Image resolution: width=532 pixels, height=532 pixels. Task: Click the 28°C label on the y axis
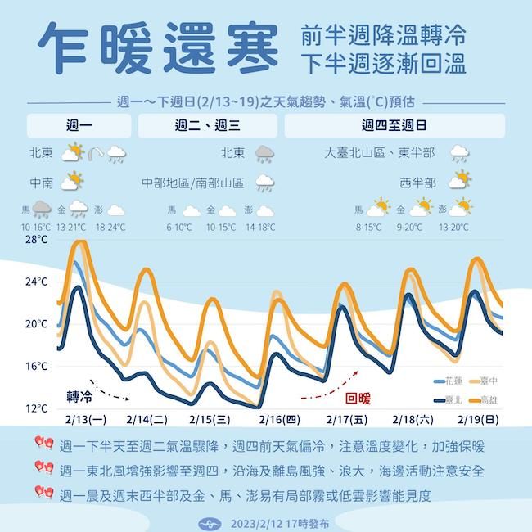[36, 240]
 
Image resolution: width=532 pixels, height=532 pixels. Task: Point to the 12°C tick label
[36, 408]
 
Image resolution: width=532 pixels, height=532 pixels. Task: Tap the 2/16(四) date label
[280, 420]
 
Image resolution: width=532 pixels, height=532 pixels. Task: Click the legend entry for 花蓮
[449, 382]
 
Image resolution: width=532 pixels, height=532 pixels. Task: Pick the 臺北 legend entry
[449, 399]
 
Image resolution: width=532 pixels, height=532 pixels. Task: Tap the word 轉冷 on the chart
[80, 396]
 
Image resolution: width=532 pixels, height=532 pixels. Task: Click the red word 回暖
[358, 399]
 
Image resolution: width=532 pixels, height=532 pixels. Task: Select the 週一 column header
[79, 126]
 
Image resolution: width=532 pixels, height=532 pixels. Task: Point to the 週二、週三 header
[207, 126]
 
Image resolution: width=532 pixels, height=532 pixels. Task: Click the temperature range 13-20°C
[453, 227]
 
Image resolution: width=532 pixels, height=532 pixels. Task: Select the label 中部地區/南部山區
[193, 183]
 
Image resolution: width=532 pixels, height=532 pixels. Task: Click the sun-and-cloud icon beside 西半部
[458, 182]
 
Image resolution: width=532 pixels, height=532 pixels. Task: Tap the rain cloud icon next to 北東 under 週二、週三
[264, 153]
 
